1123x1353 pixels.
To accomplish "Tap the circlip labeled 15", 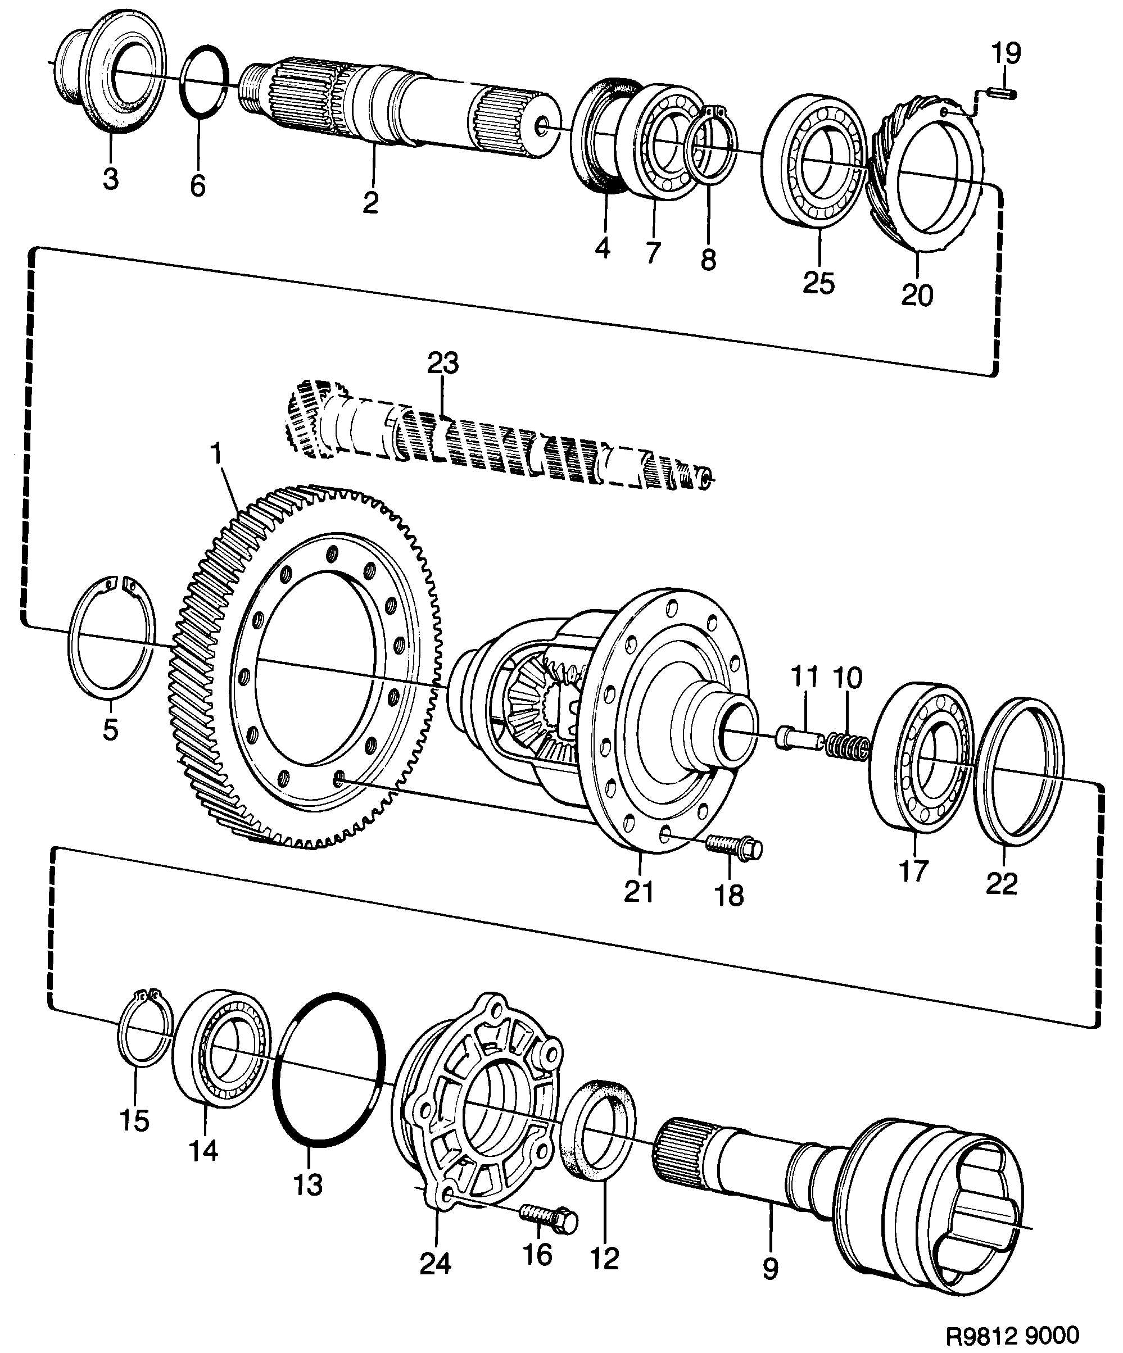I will (147, 1031).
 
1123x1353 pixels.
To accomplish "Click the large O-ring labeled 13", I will (329, 1070).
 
